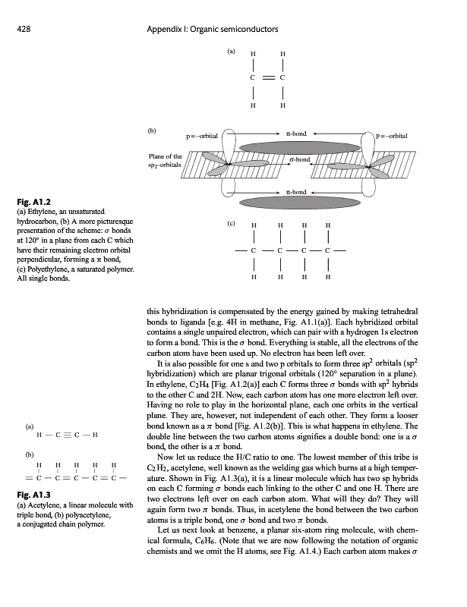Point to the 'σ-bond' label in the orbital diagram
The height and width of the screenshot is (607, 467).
pyautogui.click(x=301, y=160)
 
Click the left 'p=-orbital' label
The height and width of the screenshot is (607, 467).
pyautogui.click(x=203, y=136)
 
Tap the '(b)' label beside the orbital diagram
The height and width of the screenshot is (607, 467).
pyautogui.click(x=152, y=131)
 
